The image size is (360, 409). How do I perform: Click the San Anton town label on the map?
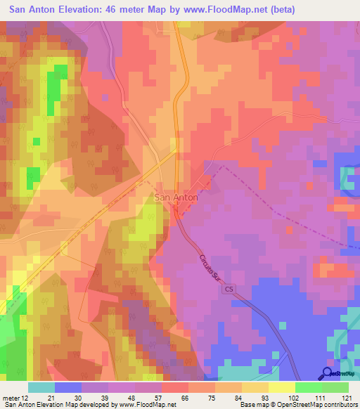point(176,198)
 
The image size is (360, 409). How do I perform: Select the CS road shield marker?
point(229,289)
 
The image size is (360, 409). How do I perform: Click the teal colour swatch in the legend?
point(41,387)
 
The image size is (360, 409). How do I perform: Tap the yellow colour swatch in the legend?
point(282,387)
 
